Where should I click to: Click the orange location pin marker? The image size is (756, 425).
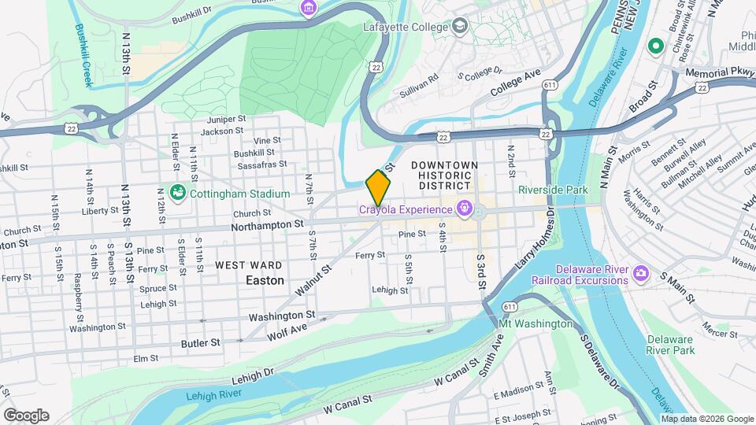[379, 187]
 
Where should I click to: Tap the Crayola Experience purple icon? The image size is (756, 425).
[465, 209]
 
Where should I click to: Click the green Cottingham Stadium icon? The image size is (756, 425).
[178, 192]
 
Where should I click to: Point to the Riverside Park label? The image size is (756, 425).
[553, 190]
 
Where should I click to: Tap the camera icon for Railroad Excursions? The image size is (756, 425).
[642, 273]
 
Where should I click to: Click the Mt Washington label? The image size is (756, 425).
[536, 323]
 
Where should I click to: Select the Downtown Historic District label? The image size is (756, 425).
[444, 175]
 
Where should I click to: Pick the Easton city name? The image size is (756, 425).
[265, 280]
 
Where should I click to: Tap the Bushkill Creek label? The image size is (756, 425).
[83, 54]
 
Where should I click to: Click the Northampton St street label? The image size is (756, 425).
[268, 224]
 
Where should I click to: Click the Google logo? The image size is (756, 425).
[26, 415]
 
